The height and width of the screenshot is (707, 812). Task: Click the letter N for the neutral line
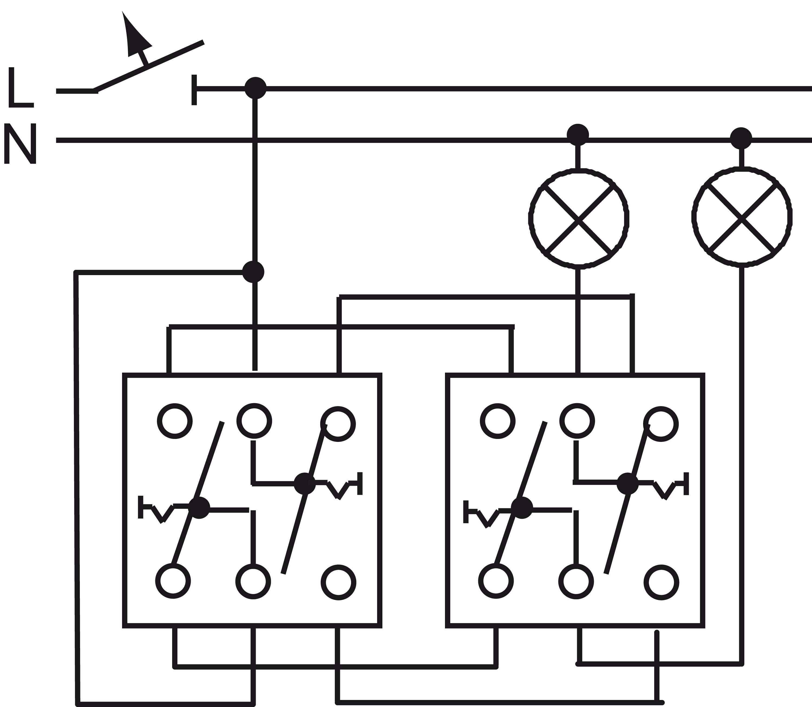21,143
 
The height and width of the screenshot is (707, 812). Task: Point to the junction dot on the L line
256,88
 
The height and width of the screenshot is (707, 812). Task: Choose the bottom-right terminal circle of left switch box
338,583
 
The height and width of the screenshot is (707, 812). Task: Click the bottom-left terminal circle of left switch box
173,581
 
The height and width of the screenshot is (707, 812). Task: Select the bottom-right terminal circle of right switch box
661,583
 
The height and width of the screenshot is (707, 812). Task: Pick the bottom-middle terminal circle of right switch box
576,581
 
